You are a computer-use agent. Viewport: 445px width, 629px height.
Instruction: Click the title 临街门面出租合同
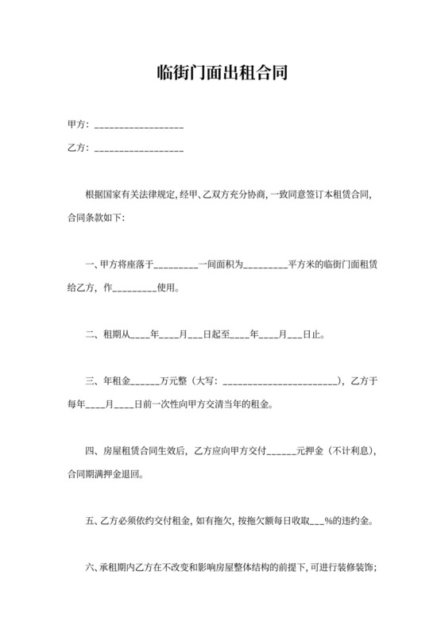click(x=222, y=74)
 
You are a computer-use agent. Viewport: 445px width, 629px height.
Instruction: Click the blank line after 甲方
click(x=139, y=126)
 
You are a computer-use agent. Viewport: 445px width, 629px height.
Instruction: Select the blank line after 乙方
click(x=139, y=149)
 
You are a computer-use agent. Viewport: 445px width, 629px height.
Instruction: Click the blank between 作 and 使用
click(x=131, y=289)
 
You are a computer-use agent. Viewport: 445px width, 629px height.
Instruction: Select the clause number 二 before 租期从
click(x=90, y=335)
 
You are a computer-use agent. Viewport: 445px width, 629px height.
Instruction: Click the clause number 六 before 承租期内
click(x=90, y=568)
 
